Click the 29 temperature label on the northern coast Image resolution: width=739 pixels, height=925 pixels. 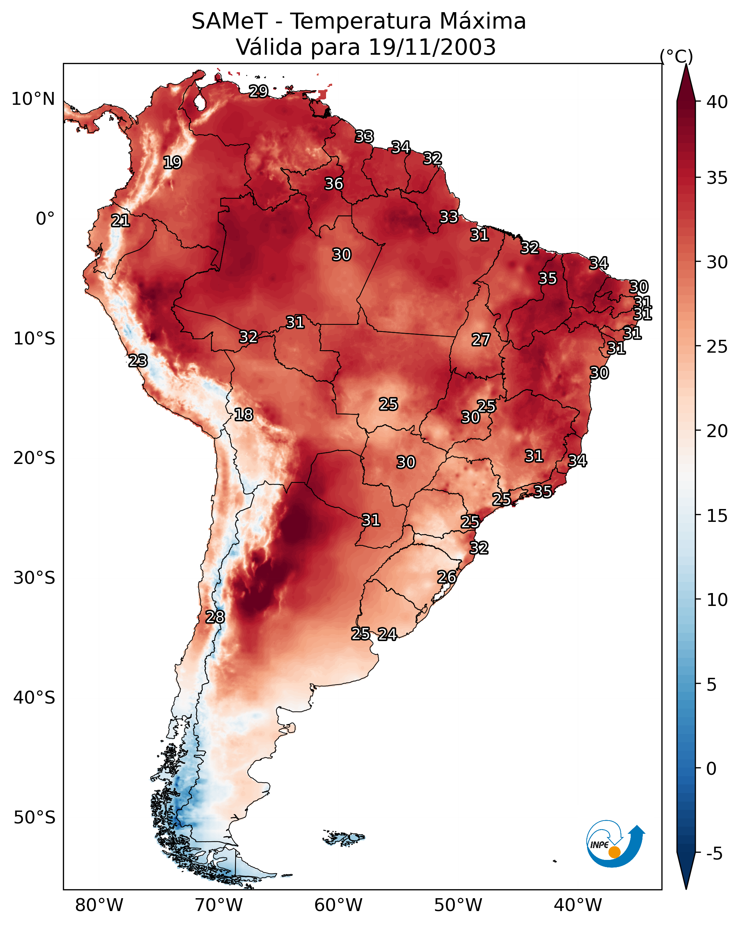coord(258,91)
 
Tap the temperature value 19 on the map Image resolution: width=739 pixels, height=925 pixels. coord(172,163)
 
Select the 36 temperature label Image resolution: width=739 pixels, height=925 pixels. coord(334,183)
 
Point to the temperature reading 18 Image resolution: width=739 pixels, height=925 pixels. coord(243,415)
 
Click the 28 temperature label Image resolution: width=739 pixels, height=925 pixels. coord(215,617)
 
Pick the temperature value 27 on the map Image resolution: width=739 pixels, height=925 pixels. coord(481,340)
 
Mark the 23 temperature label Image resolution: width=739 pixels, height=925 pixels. coord(138,361)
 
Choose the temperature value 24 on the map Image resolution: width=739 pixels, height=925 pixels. coord(387,634)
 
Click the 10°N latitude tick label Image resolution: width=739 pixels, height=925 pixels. coord(33,99)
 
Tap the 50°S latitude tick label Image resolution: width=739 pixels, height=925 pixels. coord(34,818)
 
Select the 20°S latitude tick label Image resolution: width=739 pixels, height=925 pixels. coord(34,458)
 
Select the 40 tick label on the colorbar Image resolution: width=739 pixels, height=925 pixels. coord(717,102)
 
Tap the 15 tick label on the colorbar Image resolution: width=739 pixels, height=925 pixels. coord(717,516)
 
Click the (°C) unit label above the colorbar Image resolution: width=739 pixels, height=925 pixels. coord(676,56)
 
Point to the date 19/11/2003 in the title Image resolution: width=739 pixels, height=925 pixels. coord(432,47)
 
